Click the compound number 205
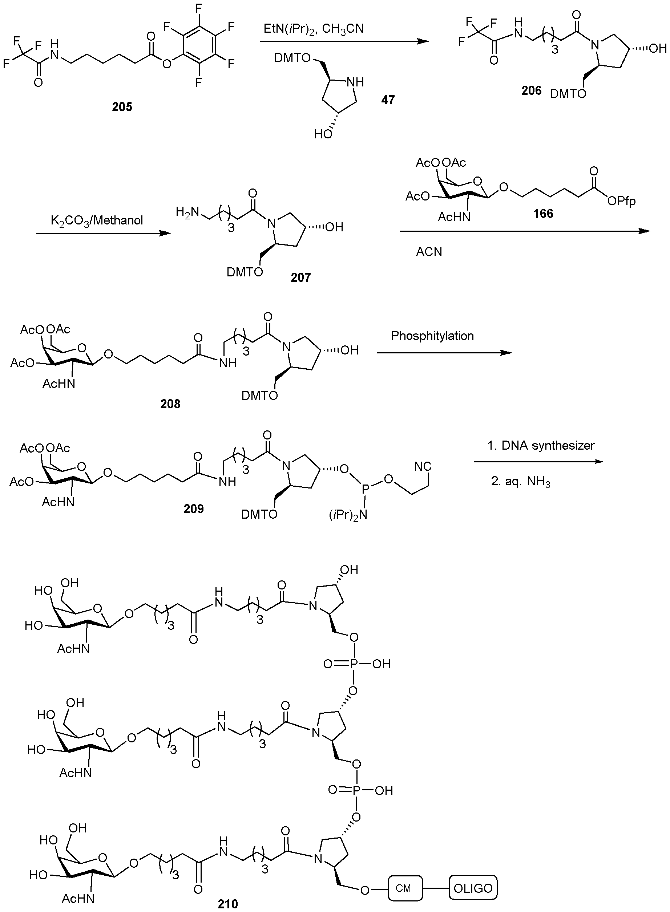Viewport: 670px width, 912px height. pos(122,107)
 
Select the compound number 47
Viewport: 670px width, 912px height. pos(388,100)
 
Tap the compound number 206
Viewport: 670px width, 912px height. pos(531,90)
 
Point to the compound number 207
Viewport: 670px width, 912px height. pos(300,277)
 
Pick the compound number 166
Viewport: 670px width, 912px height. pos(543,214)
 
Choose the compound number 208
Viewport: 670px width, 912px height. pos(170,404)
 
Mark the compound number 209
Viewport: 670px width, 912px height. pos(193,509)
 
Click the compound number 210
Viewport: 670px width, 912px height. pos(227,904)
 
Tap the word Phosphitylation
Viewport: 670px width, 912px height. pos(432,336)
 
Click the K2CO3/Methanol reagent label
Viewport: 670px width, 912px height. pos(97,221)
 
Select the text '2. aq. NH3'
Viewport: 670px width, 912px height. pos(520,482)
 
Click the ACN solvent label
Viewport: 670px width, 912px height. pos(429,252)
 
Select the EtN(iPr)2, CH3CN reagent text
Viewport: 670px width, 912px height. pos(314,29)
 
